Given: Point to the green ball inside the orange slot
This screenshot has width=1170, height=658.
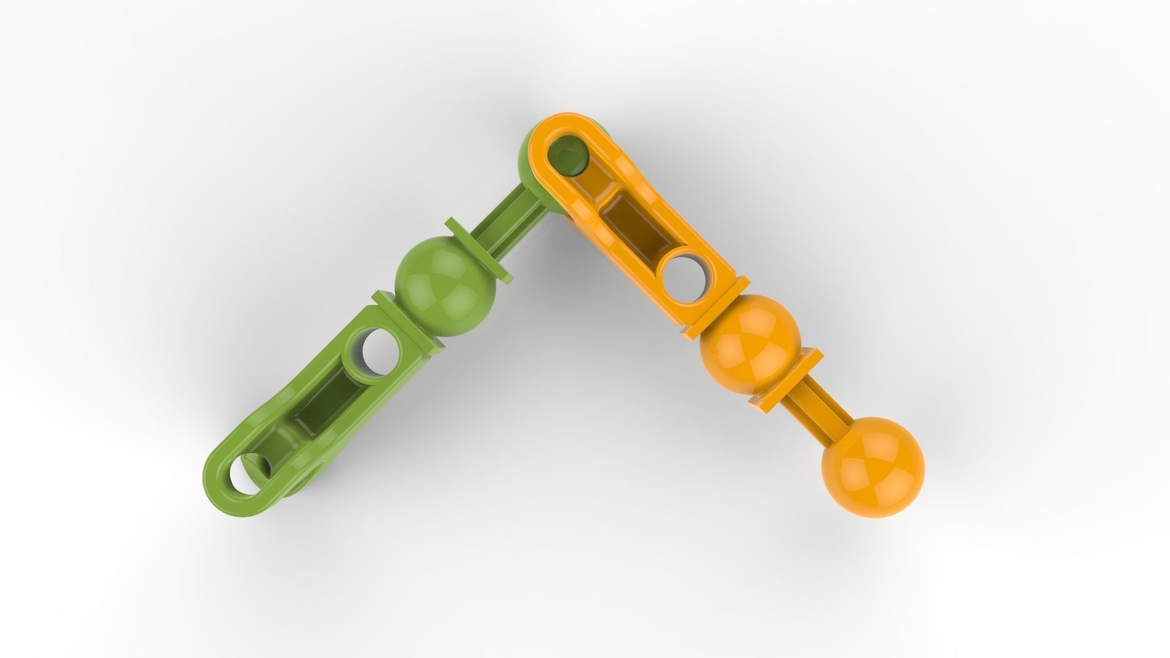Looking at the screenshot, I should point(568,156).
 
